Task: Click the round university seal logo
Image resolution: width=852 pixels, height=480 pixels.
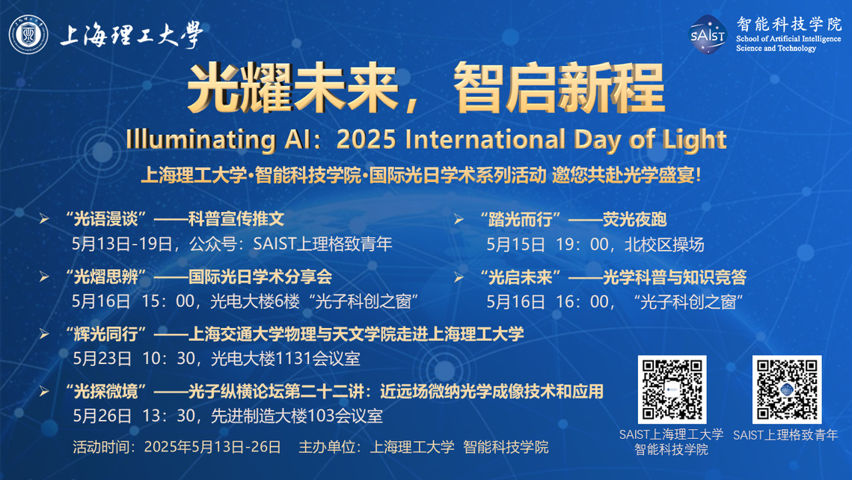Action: pos(28,34)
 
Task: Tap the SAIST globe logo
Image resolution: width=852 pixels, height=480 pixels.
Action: pos(708,35)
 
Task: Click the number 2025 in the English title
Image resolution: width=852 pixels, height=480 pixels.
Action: pos(366,140)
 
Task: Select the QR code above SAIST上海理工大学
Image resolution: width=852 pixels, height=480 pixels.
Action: pos(672,389)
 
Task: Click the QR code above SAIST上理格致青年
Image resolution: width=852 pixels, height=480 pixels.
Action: pos(787,389)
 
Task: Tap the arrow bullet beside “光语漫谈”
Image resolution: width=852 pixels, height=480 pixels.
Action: pos(44,219)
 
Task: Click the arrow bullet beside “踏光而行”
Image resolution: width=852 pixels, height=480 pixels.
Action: pos(459,219)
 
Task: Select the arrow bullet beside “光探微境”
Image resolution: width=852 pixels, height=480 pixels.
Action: pos(44,392)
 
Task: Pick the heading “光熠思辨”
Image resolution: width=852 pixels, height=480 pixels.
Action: pos(105,277)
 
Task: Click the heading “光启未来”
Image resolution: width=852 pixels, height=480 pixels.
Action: pos(520,278)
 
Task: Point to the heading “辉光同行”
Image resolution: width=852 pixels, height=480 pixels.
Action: pos(105,334)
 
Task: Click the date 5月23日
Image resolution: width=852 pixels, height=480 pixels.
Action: pos(102,359)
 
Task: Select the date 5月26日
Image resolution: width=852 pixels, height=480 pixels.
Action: pos(102,416)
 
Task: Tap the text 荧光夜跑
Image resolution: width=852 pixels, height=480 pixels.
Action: pos(634,219)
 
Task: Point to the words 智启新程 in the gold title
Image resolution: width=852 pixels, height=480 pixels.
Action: pos(559,88)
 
